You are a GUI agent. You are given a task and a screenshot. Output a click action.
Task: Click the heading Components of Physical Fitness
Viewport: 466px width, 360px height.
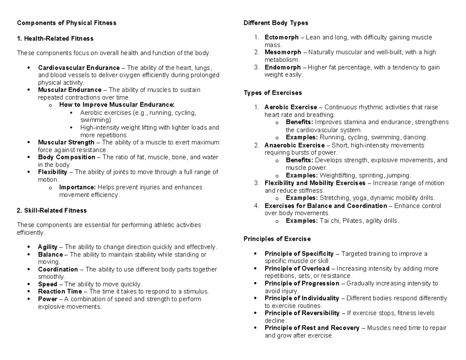(66, 23)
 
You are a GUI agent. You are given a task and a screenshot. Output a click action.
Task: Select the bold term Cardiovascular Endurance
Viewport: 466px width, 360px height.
(79, 68)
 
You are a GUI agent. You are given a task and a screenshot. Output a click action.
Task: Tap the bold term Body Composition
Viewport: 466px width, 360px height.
(66, 157)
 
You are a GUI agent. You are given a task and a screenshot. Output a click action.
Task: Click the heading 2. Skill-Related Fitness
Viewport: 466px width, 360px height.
(52, 210)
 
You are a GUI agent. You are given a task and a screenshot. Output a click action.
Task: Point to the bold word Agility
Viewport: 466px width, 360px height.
(47, 247)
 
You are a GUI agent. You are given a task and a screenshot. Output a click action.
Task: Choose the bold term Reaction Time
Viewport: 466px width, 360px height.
(60, 291)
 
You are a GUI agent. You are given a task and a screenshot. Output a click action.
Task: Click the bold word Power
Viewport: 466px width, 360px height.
(47, 299)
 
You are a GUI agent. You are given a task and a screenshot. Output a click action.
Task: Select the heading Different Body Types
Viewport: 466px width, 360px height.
(276, 23)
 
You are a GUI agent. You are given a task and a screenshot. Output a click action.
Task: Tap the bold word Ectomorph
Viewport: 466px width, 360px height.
(282, 38)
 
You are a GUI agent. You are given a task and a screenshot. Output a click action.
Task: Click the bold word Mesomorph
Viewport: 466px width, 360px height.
(283, 52)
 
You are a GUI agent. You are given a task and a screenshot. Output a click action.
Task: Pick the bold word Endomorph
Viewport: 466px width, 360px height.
(282, 67)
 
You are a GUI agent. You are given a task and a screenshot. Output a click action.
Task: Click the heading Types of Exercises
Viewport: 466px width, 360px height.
(273, 93)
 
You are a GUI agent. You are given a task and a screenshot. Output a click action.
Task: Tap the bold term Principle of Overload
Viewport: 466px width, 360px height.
(297, 269)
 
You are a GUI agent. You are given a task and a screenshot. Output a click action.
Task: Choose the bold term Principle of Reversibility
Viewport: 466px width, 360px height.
(302, 313)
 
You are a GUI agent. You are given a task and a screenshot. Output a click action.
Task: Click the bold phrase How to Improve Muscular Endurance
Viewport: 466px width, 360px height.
(117, 104)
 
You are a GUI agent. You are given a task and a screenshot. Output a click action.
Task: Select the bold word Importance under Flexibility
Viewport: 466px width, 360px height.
(77, 187)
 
